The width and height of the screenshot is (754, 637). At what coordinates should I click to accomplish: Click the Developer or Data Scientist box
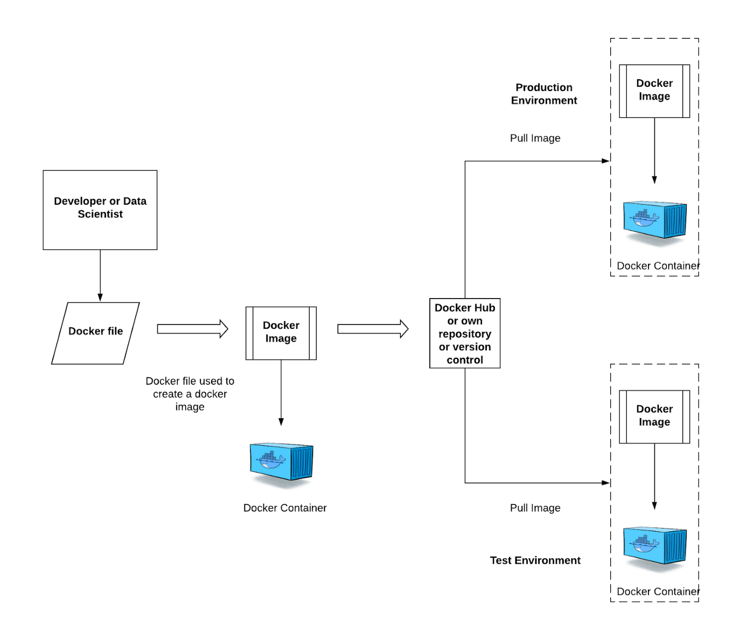[x=100, y=210]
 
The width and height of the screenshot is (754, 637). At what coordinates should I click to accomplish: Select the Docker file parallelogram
[x=95, y=333]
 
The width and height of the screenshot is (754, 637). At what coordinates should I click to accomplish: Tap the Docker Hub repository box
[x=465, y=333]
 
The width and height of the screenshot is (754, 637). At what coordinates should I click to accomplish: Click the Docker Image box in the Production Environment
[x=654, y=91]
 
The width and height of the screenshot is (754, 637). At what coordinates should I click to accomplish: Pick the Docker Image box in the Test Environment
[x=654, y=417]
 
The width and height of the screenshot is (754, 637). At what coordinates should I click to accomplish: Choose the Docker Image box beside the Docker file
[x=281, y=333]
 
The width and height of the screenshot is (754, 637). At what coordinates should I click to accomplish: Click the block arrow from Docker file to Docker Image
[x=192, y=329]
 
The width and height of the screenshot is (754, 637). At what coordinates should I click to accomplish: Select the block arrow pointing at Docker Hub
[x=373, y=329]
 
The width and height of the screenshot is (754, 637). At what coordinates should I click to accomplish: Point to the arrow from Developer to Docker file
[x=100, y=275]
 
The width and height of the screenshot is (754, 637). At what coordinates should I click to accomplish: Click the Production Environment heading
[x=544, y=94]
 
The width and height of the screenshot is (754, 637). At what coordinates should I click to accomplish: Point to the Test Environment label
[x=535, y=560]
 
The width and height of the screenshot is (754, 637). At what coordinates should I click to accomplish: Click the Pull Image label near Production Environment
[x=535, y=139]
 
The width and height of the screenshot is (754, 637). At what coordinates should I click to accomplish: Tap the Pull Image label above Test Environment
[x=535, y=508]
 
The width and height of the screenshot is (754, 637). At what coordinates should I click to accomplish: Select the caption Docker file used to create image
[x=190, y=394]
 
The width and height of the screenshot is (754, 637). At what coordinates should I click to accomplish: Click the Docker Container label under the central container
[x=285, y=508]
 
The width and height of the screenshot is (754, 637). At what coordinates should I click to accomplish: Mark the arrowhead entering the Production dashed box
[x=606, y=161]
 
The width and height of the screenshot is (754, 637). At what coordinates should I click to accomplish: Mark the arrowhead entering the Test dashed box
[x=606, y=483]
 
